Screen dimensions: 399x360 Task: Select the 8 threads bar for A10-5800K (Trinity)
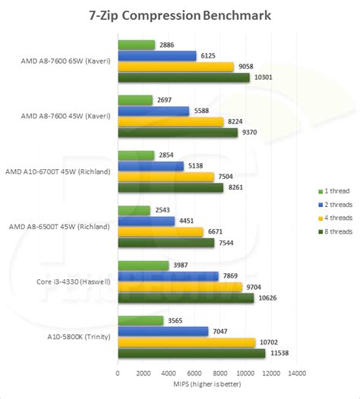pos(191,353)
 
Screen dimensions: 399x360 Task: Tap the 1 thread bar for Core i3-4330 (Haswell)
pos(144,265)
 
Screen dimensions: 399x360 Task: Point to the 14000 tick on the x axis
pos(296,373)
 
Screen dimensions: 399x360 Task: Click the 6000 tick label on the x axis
pos(194,373)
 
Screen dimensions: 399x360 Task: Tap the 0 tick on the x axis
pos(118,373)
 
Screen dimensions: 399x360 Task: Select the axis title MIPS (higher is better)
pos(207,385)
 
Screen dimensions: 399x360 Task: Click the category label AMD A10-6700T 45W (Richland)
pos(58,171)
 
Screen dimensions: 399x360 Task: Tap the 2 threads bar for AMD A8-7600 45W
pos(153,111)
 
